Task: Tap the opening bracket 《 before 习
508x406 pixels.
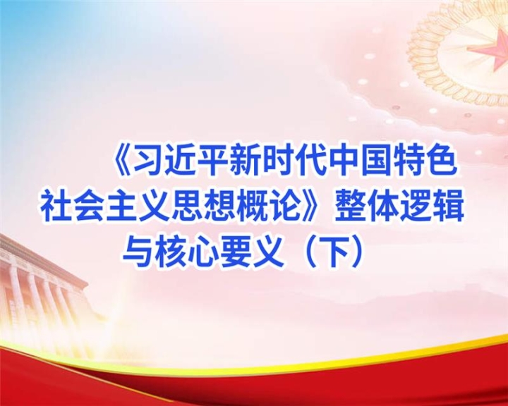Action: [x=123, y=161]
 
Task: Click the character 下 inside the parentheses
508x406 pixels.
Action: [x=334, y=252]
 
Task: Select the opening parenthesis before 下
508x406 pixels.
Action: [x=310, y=252]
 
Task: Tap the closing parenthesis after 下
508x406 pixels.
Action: [x=357, y=252]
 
